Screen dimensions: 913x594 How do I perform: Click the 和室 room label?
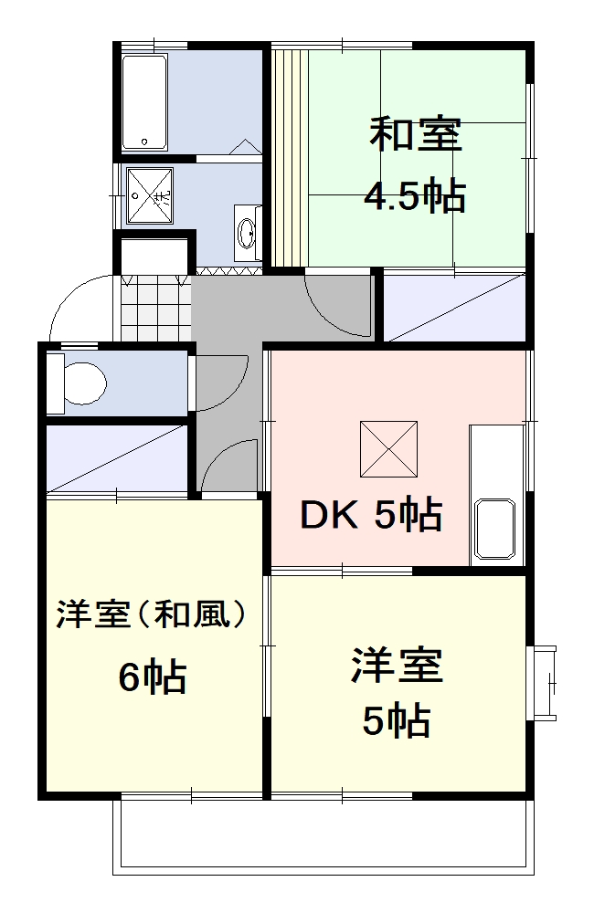(416, 135)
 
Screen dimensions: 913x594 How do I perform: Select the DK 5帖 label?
(372, 516)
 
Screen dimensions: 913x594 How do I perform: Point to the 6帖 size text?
(153, 677)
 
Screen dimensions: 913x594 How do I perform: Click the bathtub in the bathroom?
(145, 101)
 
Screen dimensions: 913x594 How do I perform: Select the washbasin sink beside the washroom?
(248, 234)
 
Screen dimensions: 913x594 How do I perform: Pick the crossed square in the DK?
(388, 448)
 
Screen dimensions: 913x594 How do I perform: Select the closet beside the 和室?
(454, 306)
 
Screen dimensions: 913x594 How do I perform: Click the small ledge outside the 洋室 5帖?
(545, 682)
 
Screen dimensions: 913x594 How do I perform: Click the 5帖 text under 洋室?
(396, 722)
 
